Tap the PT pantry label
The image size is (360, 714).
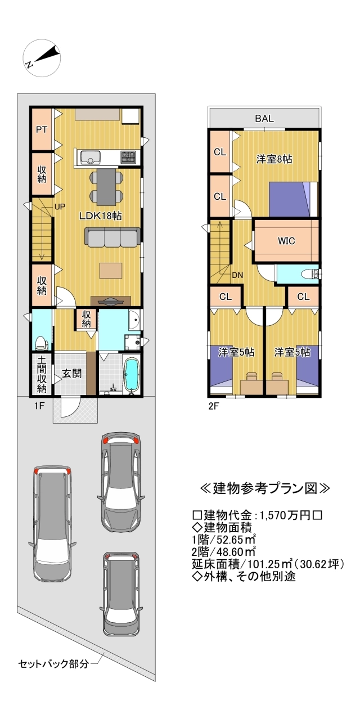[x=42, y=129]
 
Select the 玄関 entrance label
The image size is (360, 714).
[x=70, y=372]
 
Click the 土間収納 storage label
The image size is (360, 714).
[x=42, y=373]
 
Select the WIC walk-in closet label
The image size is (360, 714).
[x=287, y=240]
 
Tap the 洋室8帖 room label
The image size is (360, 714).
[x=274, y=159]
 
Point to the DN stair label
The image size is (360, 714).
[x=237, y=275]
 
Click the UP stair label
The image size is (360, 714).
[x=60, y=206]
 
